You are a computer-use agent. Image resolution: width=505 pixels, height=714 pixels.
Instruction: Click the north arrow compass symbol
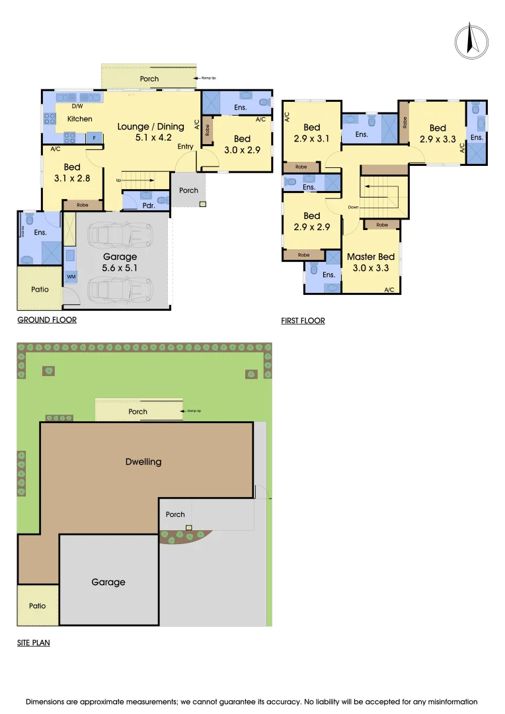[x=471, y=39]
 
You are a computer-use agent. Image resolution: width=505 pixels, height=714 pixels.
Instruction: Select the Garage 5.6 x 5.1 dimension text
[x=120, y=268]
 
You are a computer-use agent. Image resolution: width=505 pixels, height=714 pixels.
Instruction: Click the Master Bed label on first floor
[x=371, y=257]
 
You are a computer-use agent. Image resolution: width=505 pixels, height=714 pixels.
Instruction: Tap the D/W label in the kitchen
[x=77, y=106]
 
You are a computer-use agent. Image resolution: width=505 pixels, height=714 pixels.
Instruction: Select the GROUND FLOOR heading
[x=46, y=320]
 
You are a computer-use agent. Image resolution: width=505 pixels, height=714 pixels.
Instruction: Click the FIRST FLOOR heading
[x=303, y=321]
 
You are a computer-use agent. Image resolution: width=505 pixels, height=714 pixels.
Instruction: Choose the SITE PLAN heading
[x=33, y=642]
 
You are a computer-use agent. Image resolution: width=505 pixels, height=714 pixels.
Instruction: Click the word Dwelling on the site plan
[x=143, y=461]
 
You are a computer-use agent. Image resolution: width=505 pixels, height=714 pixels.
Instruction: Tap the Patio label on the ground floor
[x=40, y=289]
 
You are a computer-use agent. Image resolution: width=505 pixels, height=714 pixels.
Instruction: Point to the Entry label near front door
[x=186, y=146]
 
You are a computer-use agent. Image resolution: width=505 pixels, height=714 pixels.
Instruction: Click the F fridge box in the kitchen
[x=95, y=138]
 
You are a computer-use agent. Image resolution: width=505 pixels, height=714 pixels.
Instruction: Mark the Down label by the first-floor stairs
[x=354, y=207]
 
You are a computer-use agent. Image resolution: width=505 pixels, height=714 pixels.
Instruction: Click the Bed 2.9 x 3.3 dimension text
[x=438, y=139]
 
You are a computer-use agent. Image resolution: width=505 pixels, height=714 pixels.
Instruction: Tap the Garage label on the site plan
[x=108, y=582]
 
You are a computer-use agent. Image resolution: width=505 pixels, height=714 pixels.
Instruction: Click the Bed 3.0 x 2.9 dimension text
[x=242, y=150]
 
